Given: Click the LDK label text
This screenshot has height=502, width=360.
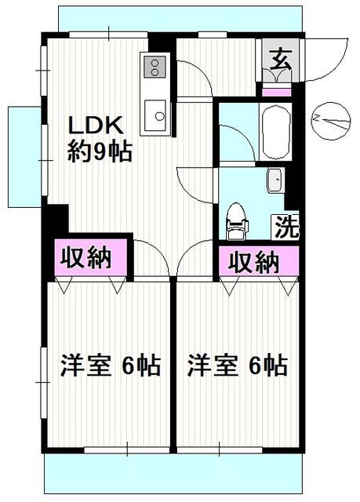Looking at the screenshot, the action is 96,125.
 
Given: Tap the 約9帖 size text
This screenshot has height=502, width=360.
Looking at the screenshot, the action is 100,151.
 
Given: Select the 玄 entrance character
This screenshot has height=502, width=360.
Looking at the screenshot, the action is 281,60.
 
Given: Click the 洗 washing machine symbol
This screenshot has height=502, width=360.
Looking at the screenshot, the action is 285,227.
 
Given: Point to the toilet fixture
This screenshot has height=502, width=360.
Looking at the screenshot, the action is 237,221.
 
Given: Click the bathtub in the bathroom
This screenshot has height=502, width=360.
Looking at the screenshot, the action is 276,131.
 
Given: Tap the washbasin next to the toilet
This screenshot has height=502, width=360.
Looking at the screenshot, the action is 275,180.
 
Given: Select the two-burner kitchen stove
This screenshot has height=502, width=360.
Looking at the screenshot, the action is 155,67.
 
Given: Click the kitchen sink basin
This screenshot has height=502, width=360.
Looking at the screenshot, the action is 155,115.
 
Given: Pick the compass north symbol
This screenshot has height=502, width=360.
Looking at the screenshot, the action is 330,121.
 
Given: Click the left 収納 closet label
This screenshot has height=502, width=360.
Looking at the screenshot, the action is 86,257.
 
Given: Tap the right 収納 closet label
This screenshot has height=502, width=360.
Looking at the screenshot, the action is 253,263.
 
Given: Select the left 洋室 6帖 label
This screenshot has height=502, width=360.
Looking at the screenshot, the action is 110,366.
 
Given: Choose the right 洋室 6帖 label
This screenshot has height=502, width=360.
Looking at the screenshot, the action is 237,366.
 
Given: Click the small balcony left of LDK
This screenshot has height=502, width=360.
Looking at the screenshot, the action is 24,157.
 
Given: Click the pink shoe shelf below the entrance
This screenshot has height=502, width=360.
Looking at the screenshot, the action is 277,93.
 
